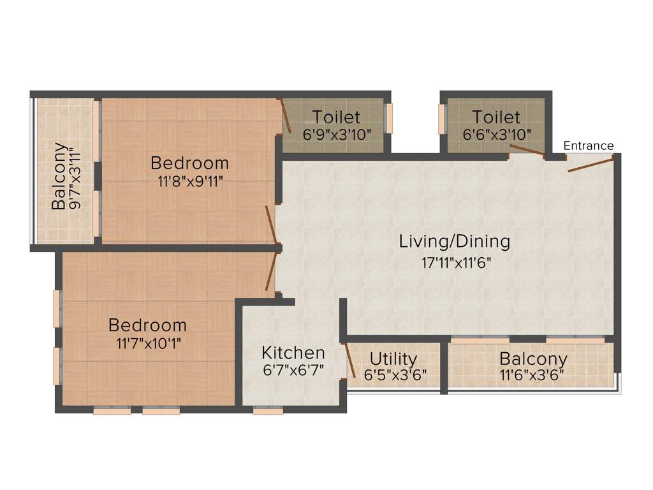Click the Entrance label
pyautogui.click(x=588, y=146)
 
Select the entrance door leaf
pyautogui.click(x=591, y=165)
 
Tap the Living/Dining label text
pyautogui.click(x=454, y=242)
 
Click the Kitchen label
pyautogui.click(x=293, y=353)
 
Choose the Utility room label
pyautogui.click(x=393, y=359)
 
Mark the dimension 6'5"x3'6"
pyautogui.click(x=395, y=375)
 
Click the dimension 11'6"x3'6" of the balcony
pyautogui.click(x=532, y=375)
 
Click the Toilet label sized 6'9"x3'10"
pyautogui.click(x=336, y=117)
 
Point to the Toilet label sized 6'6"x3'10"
pyautogui.click(x=495, y=117)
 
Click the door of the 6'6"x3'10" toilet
pyautogui.click(x=527, y=150)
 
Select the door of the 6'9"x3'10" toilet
pyautogui.click(x=285, y=116)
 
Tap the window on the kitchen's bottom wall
pyautogui.click(x=268, y=412)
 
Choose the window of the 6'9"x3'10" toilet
pyautogui.click(x=389, y=119)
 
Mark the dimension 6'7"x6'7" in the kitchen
pyautogui.click(x=293, y=370)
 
